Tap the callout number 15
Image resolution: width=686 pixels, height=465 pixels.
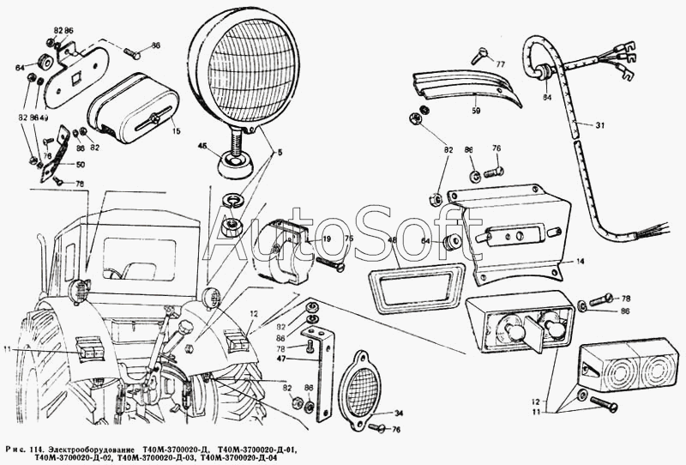point(175,130)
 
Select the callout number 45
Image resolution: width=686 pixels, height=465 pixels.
point(203,146)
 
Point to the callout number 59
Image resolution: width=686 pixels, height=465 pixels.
point(476,111)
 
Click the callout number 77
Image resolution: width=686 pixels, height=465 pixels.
point(501,65)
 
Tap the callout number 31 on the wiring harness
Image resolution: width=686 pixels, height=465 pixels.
point(599,125)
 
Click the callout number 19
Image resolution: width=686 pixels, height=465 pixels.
point(303,240)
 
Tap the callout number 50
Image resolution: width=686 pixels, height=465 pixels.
point(80,165)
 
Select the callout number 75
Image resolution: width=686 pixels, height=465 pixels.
point(325,240)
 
